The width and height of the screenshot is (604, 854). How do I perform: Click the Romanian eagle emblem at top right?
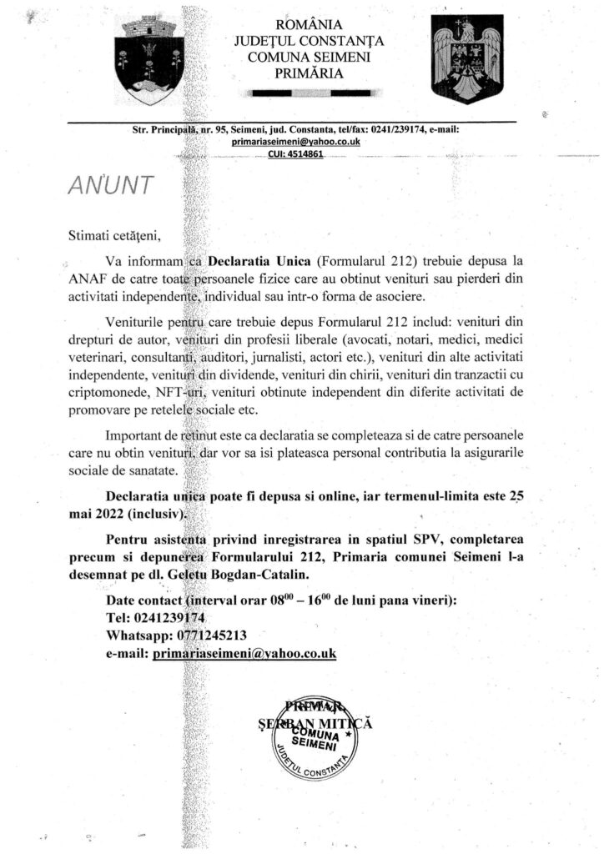coord(466,58)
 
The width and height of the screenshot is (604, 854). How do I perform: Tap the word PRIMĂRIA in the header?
coord(309,73)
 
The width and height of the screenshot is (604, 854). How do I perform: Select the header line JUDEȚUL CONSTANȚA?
coord(309,39)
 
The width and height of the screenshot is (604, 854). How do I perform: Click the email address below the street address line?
coord(296,142)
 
